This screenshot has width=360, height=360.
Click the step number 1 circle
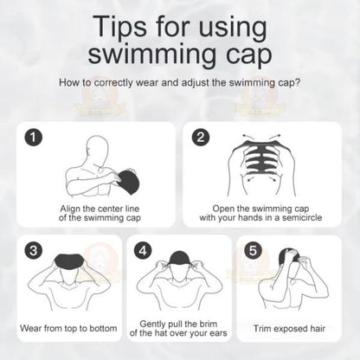click(x=31, y=137)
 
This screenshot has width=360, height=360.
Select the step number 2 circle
click(x=201, y=137)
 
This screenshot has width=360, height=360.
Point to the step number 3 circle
click(x=31, y=250)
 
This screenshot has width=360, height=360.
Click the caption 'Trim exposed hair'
click(x=293, y=329)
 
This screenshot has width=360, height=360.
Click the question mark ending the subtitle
click(x=299, y=84)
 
